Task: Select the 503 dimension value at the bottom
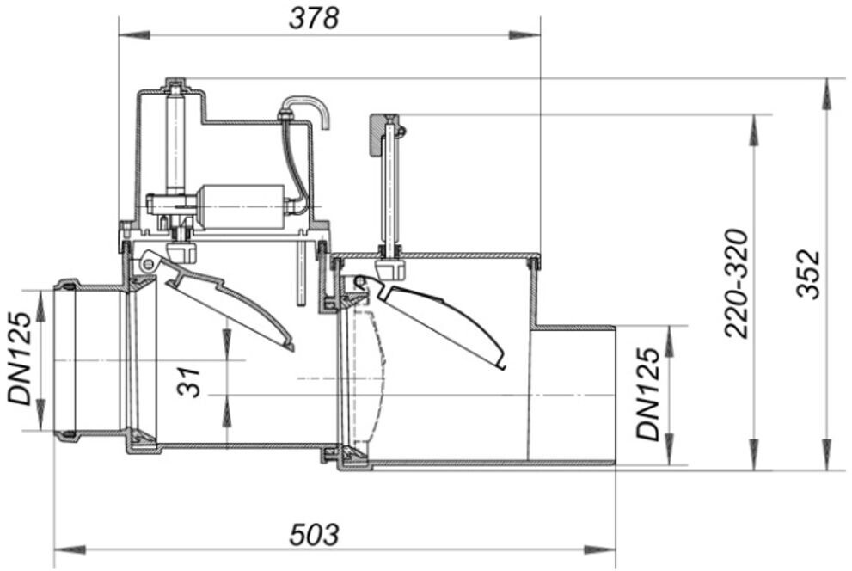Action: click(x=314, y=534)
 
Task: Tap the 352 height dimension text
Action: click(x=808, y=274)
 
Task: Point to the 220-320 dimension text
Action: click(x=738, y=283)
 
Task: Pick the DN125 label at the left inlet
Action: click(x=21, y=359)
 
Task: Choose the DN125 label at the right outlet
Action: click(x=650, y=394)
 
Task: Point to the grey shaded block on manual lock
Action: click(x=376, y=134)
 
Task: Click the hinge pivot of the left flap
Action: click(x=149, y=259)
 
